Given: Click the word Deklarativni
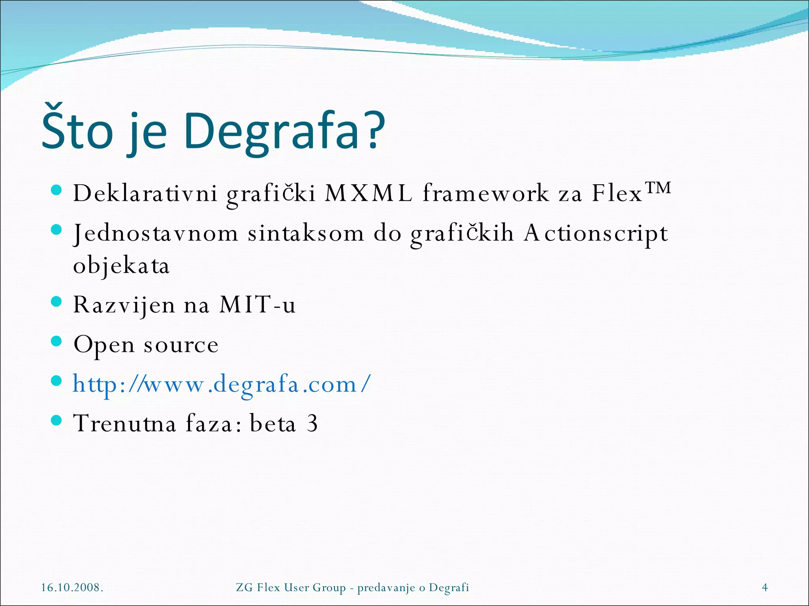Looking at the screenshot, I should pos(145,194).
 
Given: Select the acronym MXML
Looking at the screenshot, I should pos(368,194).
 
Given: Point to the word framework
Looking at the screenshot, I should pos(485,194).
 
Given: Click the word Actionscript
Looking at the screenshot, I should pos(596,234).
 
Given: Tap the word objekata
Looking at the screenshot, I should pos(121,266).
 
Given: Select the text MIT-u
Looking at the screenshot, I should pos(257,305).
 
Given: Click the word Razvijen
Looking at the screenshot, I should pos(124,305).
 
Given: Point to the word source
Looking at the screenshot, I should pos(181,345).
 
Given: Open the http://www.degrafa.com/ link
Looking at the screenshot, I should pos(222,384).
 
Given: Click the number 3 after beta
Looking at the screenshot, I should pos(312,423).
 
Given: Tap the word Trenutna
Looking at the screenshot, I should pos(124,423).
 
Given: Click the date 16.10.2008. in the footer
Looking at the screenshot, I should pos(72,587).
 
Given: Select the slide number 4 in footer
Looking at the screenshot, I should pos(765,587).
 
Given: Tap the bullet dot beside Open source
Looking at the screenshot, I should pos(57,341).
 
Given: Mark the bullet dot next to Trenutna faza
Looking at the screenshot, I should pos(57,420).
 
